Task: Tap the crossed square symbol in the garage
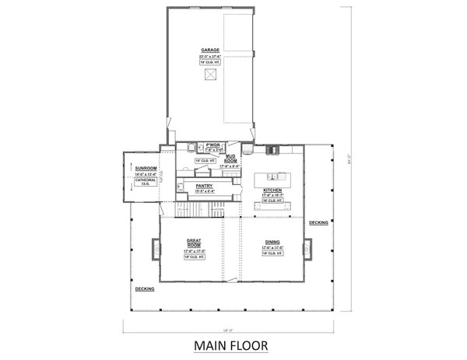209,75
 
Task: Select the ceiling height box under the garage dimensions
208,62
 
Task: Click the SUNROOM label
146,168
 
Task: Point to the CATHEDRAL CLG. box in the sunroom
146,182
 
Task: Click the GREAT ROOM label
194,243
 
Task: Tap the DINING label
272,243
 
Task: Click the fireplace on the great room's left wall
156,250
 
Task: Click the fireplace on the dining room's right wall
309,250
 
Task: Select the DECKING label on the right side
318,223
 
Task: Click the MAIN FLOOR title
233,345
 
